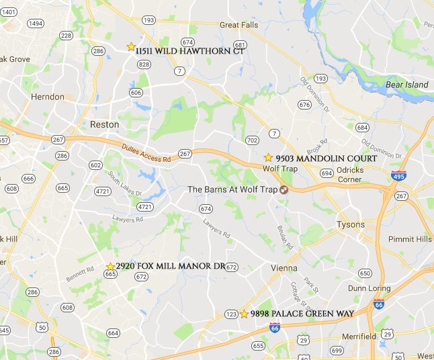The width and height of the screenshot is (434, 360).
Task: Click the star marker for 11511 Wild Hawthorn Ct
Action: (131, 47)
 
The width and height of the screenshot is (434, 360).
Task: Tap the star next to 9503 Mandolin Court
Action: (268, 157)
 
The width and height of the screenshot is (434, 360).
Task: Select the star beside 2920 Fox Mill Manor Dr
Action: (111, 267)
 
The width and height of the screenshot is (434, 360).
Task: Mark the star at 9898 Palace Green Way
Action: (244, 314)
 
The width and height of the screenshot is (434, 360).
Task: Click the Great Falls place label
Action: (239, 26)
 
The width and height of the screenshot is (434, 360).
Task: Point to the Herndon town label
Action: (48, 97)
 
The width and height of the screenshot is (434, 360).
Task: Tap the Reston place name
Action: (104, 124)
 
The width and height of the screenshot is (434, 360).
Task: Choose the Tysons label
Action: (351, 224)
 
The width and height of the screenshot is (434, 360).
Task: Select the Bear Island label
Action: (406, 85)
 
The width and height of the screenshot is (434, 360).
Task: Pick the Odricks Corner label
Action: (349, 175)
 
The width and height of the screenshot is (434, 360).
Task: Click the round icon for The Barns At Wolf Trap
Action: (284, 189)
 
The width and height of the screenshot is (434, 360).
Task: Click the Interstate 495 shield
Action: (398, 176)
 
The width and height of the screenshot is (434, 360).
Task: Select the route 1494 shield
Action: (36, 24)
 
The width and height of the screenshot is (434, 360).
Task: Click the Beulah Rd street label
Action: (285, 236)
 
